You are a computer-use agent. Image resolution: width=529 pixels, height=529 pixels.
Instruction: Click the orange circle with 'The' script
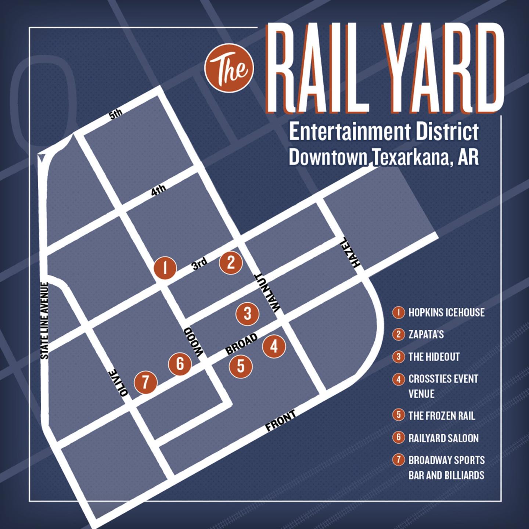[x=230, y=68]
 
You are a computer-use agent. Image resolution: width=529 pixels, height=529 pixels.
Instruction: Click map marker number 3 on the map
[x=248, y=314]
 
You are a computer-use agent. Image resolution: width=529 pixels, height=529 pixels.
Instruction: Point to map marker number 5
[x=241, y=366]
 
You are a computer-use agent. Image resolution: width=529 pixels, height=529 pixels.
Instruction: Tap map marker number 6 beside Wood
[x=180, y=364]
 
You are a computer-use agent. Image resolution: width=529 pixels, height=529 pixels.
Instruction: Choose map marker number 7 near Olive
[x=145, y=382]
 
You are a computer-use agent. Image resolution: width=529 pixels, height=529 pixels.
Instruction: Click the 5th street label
[x=116, y=114]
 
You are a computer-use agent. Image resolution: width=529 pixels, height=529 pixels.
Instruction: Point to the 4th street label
[x=159, y=190]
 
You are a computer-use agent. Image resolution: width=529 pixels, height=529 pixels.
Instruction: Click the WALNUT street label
[x=266, y=293]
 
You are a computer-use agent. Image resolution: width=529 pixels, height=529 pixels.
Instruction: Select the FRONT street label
[x=281, y=421]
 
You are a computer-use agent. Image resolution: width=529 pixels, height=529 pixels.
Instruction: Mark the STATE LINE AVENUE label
[x=45, y=321]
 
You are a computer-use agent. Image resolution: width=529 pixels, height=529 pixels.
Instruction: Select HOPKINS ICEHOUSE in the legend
[x=446, y=313]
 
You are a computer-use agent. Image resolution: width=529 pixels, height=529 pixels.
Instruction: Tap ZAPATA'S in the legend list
[x=426, y=335]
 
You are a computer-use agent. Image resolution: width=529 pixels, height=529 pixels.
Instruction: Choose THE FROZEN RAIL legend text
[x=441, y=416]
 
